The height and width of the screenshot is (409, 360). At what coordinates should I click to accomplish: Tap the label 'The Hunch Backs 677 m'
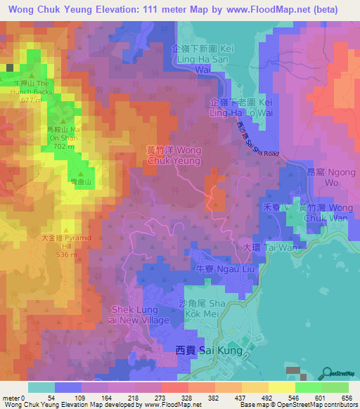(30, 90)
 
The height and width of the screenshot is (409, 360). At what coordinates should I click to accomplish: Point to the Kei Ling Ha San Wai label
(205, 59)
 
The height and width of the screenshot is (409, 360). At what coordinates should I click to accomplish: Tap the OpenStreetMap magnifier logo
(328, 372)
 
